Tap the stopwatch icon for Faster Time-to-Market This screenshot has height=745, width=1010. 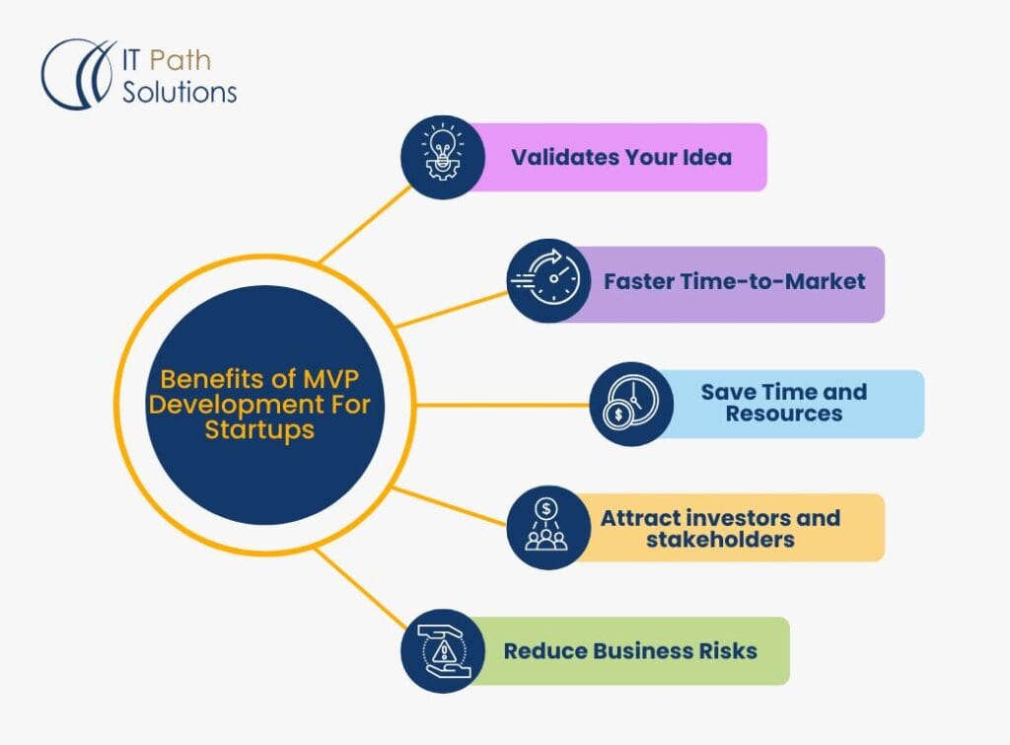click(x=548, y=281)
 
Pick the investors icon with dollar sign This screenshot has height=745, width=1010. click(x=548, y=528)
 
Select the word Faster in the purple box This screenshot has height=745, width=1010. click(x=638, y=281)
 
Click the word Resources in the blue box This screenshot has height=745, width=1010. click(x=784, y=414)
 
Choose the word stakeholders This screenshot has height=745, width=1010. click(x=720, y=539)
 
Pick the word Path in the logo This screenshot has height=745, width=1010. click(x=180, y=60)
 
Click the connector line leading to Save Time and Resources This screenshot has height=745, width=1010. click(x=503, y=405)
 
